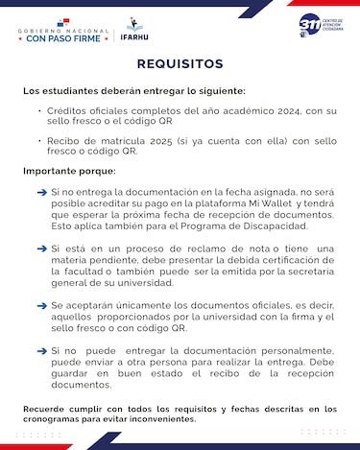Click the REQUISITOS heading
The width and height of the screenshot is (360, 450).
pos(180,64)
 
